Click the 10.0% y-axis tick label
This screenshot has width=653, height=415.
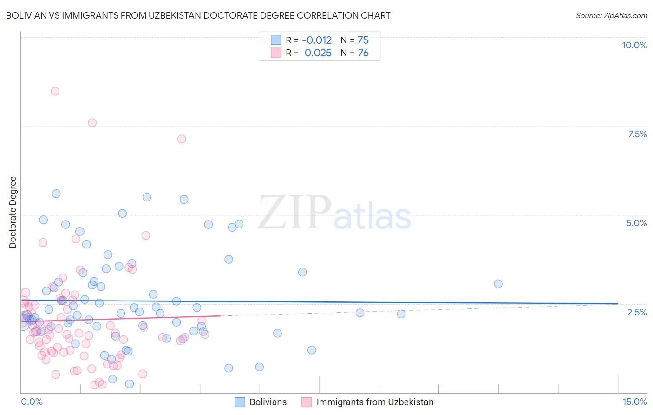click(x=634, y=45)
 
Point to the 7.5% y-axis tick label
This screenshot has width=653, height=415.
click(x=637, y=134)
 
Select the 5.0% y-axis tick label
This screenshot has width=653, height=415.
click(x=636, y=223)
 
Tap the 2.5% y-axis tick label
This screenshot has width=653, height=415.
click(x=637, y=312)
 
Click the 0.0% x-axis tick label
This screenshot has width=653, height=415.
click(x=32, y=402)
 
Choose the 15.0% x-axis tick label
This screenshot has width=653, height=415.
click(x=634, y=402)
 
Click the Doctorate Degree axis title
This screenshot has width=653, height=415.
click(x=13, y=212)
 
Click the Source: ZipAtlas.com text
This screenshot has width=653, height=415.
click(x=611, y=15)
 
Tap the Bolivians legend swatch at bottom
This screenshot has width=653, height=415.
click(x=240, y=402)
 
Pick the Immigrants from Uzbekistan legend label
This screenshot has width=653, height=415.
click(x=375, y=402)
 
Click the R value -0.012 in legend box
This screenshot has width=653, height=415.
click(x=317, y=40)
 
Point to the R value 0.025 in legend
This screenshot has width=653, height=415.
click(x=318, y=53)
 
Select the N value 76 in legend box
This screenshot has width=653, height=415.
click(x=363, y=53)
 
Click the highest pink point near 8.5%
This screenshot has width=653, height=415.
click(x=55, y=91)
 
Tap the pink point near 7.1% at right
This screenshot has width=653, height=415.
click(x=182, y=139)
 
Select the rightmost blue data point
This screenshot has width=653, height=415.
click(x=498, y=284)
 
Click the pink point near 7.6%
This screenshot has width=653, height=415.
click(x=92, y=123)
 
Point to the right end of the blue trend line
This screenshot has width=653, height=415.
click(x=618, y=303)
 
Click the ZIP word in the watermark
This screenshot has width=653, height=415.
click(x=294, y=213)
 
